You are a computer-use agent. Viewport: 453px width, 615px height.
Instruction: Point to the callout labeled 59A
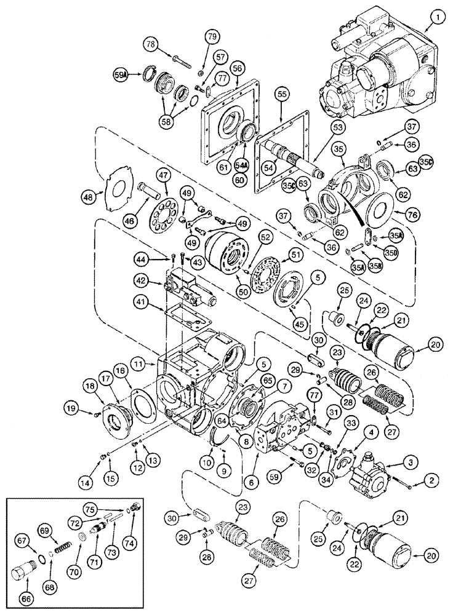[x=121, y=75]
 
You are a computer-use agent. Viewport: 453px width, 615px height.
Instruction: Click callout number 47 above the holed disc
[x=162, y=175]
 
